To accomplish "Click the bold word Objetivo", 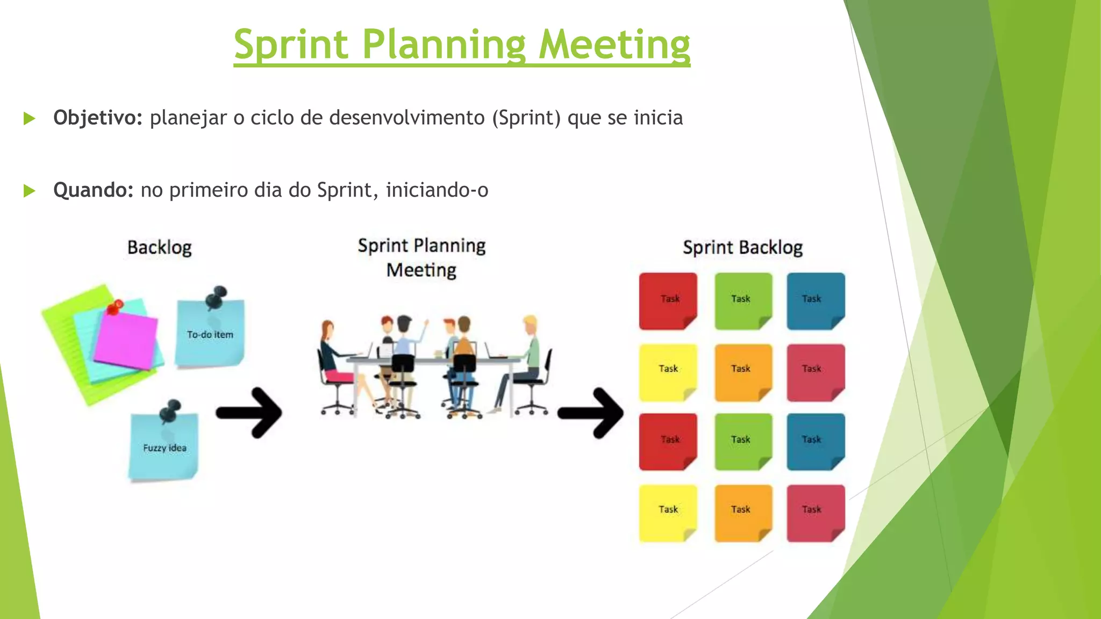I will click(97, 118).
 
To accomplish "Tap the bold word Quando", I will click(93, 190).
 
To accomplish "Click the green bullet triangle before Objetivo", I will click(30, 118).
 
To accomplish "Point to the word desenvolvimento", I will click(407, 118).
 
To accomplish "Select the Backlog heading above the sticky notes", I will click(159, 248).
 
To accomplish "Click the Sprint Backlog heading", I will click(742, 248).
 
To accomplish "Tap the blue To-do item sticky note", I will click(210, 336).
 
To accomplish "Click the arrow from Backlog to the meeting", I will click(249, 413).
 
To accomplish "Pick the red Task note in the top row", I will click(668, 301).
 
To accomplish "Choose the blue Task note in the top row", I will click(816, 301).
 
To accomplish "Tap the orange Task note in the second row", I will click(743, 372).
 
